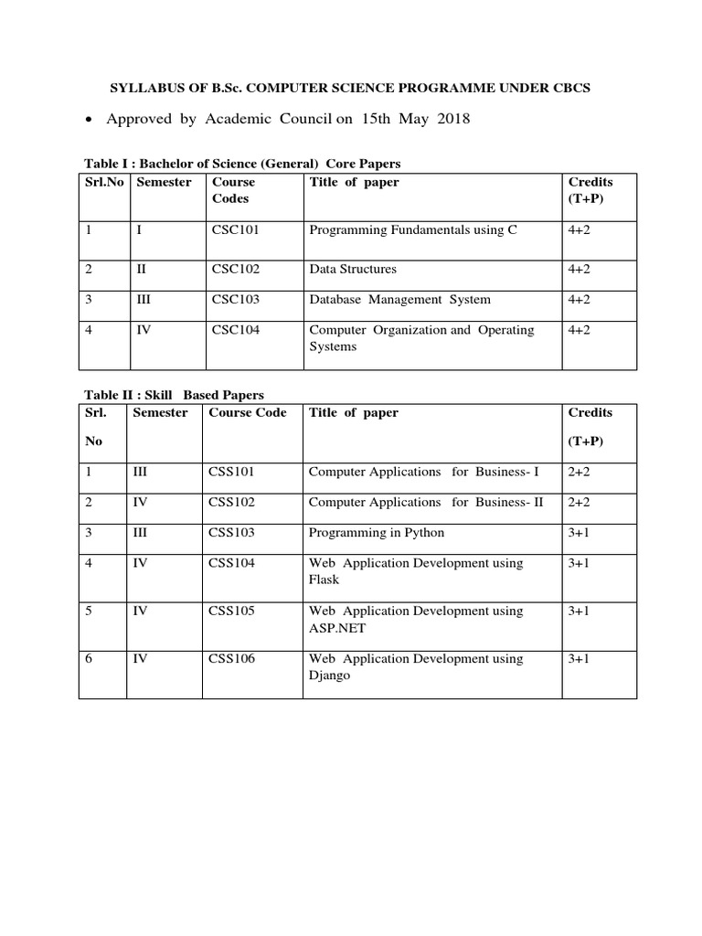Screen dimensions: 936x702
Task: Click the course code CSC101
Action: tap(236, 230)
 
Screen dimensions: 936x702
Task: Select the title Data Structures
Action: tap(353, 270)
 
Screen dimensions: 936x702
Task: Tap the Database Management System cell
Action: tap(399, 300)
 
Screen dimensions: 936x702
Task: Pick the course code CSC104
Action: tap(236, 330)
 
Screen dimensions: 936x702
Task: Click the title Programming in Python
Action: tap(377, 533)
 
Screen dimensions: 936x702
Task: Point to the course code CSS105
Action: tap(232, 611)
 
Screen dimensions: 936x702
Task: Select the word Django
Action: tap(329, 675)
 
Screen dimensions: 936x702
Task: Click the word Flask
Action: tap(324, 580)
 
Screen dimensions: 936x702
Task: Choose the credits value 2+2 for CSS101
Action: tap(580, 473)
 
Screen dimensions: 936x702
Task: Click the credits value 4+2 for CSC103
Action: tap(580, 300)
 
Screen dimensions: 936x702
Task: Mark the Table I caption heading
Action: tap(242, 164)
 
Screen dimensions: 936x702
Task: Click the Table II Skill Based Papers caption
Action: tap(174, 395)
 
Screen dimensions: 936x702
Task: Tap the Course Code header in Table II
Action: tap(247, 412)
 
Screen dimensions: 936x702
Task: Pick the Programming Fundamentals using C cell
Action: tap(413, 230)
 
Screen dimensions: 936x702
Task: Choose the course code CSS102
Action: tap(232, 503)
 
